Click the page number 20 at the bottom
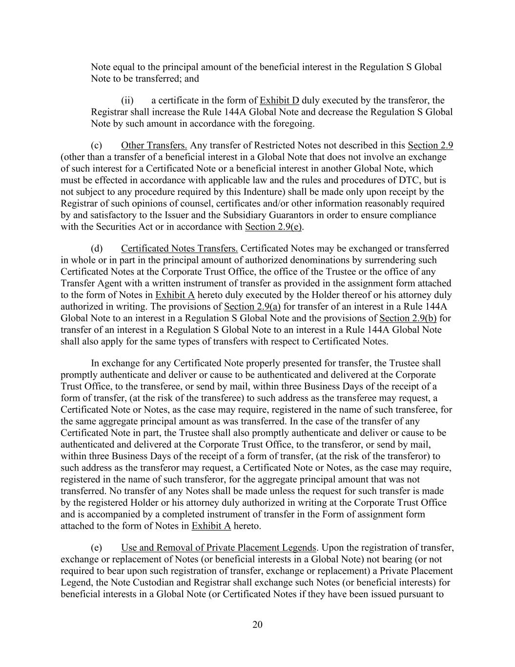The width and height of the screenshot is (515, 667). pyautogui.click(x=258, y=624)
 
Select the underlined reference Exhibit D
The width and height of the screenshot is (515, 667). pyautogui.click(x=279, y=101)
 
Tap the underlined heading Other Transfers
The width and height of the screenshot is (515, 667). pyautogui.click(x=154, y=145)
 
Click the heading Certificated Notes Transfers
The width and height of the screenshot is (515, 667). pyautogui.click(x=179, y=249)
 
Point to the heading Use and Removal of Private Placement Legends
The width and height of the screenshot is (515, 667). pyautogui.click(x=219, y=548)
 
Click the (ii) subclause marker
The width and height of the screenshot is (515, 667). pyautogui.click(x=127, y=101)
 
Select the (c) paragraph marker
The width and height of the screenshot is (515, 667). pyautogui.click(x=97, y=145)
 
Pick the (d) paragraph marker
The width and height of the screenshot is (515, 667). pyautogui.click(x=97, y=249)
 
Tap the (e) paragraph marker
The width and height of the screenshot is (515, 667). pyautogui.click(x=97, y=548)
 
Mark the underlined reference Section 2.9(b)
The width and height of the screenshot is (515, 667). pyautogui.click(x=408, y=319)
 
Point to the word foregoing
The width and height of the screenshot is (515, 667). pyautogui.click(x=291, y=124)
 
